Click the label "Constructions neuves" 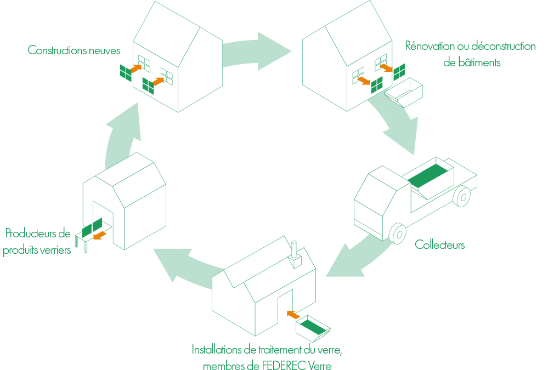click(x=74, y=50)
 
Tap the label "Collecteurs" click(x=439, y=244)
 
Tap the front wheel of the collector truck click(x=397, y=232)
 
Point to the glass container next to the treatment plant click(x=313, y=328)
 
